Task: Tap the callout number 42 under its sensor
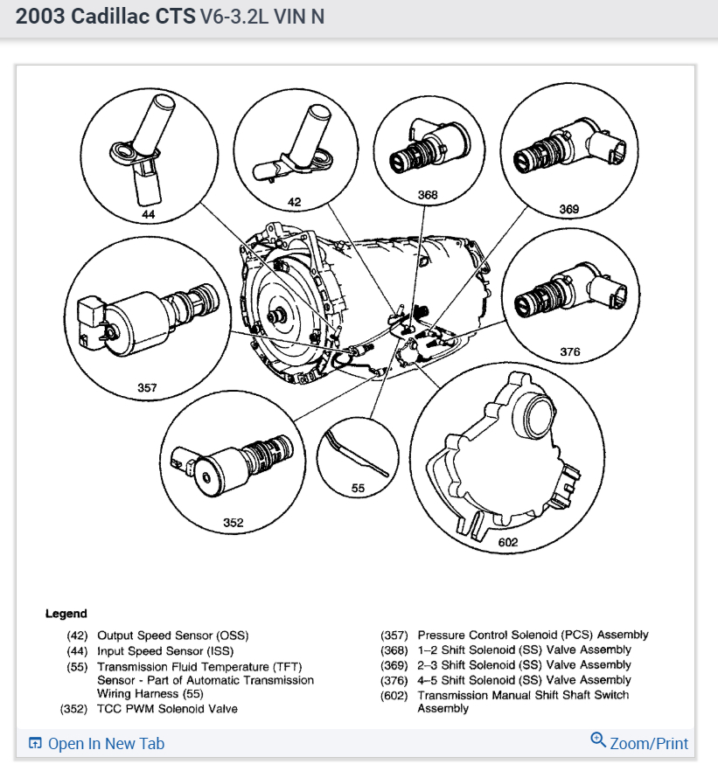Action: point(294,203)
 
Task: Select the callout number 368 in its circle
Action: point(428,195)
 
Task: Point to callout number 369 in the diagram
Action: point(569,210)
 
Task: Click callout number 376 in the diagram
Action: point(570,351)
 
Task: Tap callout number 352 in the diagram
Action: point(233,523)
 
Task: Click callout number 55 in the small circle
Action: point(358,489)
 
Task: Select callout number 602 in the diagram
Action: point(507,542)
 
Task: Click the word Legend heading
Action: point(66,614)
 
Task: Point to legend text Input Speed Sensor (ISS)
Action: point(165,650)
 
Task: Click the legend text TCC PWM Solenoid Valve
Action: point(167,709)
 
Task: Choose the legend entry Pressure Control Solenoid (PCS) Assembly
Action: point(533,635)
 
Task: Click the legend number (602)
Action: point(394,695)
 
